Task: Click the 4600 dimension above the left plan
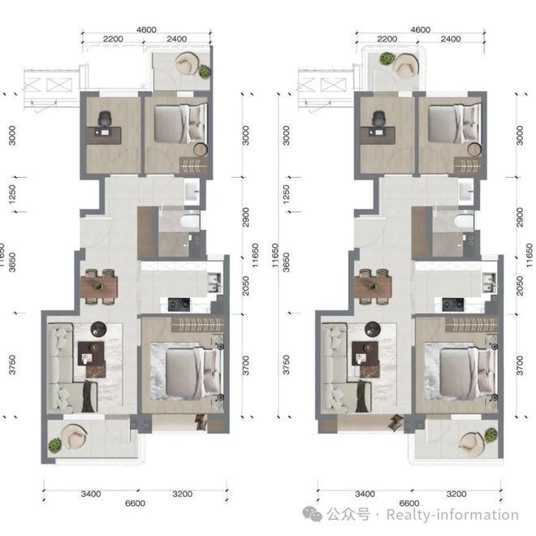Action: coord(146,30)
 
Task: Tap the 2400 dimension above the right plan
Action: coord(451,39)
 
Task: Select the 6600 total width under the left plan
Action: coord(135,504)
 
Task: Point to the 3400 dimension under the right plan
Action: coord(365,494)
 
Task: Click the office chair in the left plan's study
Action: coord(105,119)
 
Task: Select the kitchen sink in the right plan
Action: coord(489,283)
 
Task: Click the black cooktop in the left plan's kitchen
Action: coord(179,305)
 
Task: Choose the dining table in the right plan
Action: coord(373,286)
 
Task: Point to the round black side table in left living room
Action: coord(98,329)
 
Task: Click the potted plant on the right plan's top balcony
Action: coord(387,58)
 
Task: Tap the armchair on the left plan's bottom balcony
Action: coord(73,436)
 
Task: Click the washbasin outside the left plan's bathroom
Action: coord(192,192)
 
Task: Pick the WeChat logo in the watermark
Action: coord(312,514)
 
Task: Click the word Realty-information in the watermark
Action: coord(452,515)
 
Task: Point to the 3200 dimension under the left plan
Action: coord(182,494)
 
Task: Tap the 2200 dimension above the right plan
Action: coord(387,39)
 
